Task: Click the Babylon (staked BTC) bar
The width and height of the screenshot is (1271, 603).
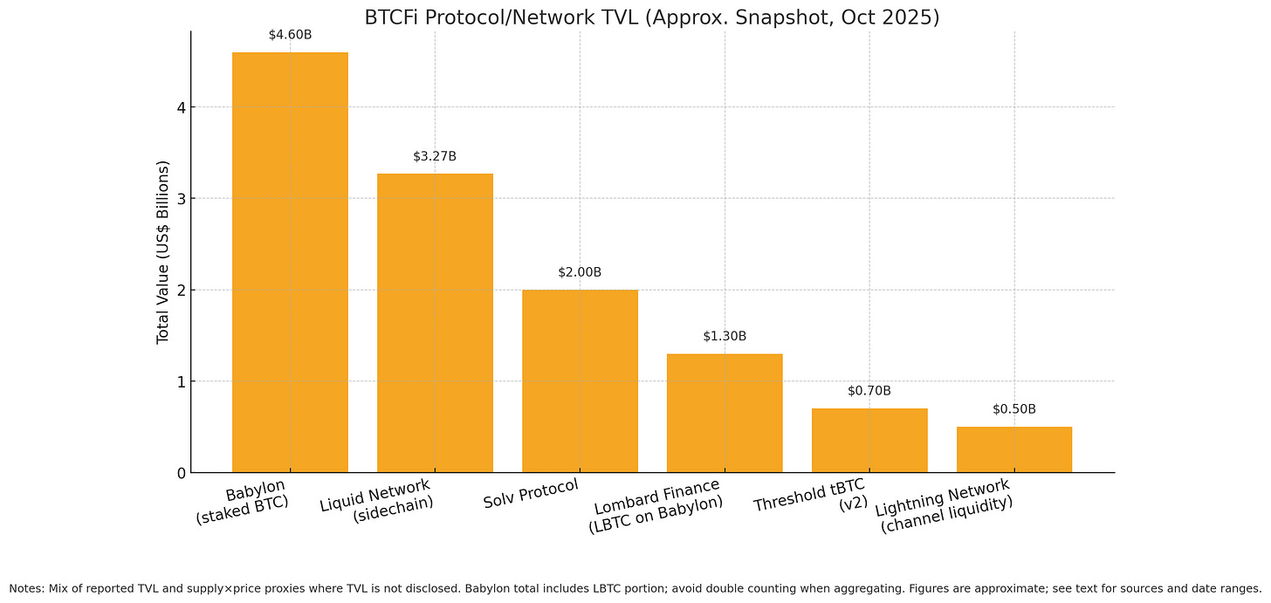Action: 290,262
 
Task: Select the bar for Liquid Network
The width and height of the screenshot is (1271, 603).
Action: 435,323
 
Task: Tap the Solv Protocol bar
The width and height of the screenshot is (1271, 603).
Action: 580,380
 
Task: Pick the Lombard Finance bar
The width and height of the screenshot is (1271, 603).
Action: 725,413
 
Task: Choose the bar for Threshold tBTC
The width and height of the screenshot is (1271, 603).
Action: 869,440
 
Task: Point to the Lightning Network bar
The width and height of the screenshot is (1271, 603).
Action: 1014,449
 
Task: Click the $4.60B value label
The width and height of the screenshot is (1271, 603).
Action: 290,35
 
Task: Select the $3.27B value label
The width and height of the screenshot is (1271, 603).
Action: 435,156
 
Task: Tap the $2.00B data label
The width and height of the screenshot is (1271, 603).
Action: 580,272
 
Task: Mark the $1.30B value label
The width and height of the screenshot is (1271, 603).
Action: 725,336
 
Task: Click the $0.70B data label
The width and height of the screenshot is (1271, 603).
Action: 869,391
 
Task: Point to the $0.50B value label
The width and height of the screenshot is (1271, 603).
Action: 1014,409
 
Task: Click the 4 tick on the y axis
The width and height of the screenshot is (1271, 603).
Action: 180,107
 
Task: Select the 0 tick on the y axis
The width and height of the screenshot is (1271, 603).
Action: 180,473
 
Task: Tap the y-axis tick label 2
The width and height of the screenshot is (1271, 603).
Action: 180,290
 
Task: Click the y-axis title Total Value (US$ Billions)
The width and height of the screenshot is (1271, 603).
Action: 163,251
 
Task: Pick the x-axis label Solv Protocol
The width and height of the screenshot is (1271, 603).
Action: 531,495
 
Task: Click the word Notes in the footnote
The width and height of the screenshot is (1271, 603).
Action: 26,588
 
